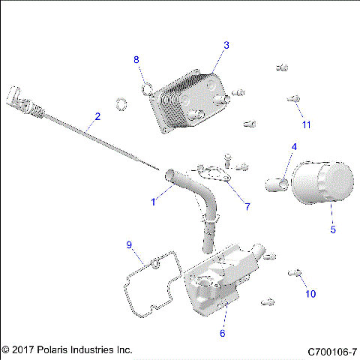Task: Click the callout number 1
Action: point(154,201)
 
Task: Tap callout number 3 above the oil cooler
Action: point(226,46)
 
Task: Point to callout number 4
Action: point(294,147)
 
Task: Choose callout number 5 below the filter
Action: point(333,229)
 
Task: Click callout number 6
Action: point(222,333)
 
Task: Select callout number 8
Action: point(136,59)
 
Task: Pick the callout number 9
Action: point(129,244)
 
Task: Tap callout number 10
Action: point(310,294)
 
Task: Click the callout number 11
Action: point(305,124)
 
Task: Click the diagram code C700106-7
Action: point(331,350)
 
